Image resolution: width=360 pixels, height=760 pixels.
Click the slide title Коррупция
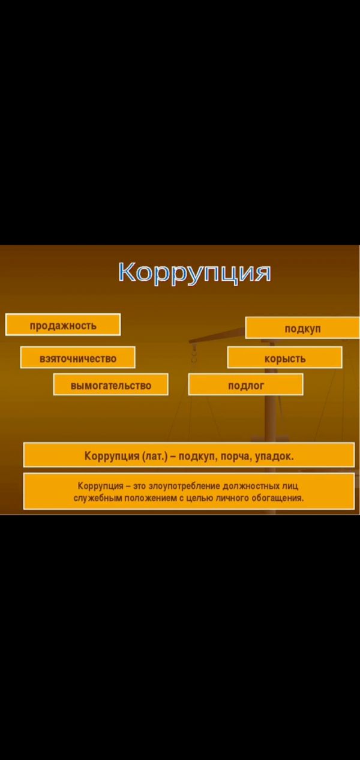tap(195, 272)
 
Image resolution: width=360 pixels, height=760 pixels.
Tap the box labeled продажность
tap(63, 325)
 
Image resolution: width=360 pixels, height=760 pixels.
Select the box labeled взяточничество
tap(78, 358)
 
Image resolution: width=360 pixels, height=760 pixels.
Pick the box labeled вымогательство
tap(110, 384)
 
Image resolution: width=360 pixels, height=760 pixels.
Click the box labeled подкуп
tap(302, 328)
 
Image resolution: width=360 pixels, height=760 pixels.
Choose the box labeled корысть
tap(284, 358)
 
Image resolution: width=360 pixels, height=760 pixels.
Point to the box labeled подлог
tap(245, 384)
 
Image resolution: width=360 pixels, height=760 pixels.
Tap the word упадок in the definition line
tap(274, 456)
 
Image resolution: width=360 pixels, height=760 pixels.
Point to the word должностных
tap(250, 486)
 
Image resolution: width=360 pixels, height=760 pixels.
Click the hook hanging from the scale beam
tap(194, 354)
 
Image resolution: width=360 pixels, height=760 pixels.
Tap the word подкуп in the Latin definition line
tap(197, 456)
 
